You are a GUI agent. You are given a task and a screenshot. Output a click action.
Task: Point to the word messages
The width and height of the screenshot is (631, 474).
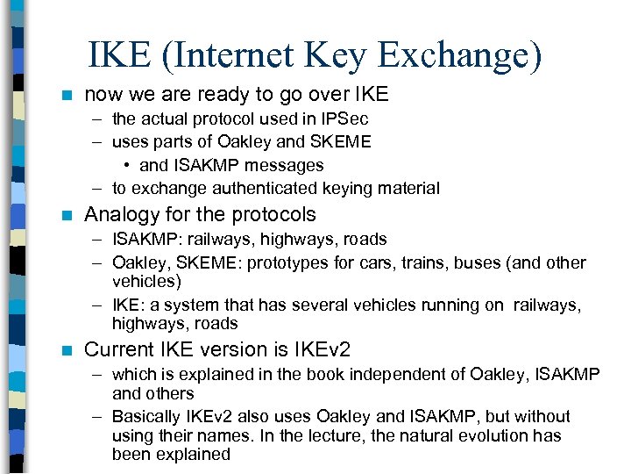tap(285, 165)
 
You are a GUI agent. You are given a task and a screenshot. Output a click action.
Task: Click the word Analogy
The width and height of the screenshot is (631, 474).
tap(122, 214)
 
